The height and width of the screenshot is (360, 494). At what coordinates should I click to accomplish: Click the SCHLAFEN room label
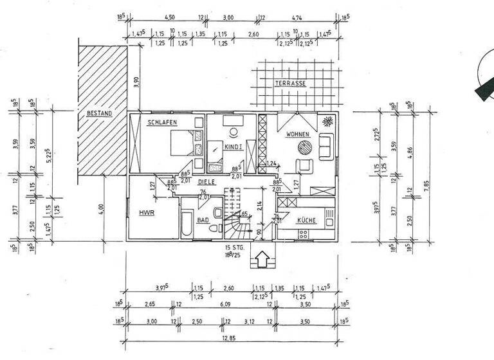tap(161, 122)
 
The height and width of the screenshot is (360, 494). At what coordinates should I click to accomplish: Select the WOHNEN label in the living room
tap(299, 134)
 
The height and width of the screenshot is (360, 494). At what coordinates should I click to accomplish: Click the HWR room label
tap(143, 210)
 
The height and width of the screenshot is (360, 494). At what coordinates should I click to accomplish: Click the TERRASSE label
tap(290, 84)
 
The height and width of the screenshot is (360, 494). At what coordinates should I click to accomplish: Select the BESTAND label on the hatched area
tap(99, 114)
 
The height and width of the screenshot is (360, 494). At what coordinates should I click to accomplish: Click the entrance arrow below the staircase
tap(262, 260)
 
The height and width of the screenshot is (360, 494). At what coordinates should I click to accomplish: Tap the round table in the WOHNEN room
tap(304, 147)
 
